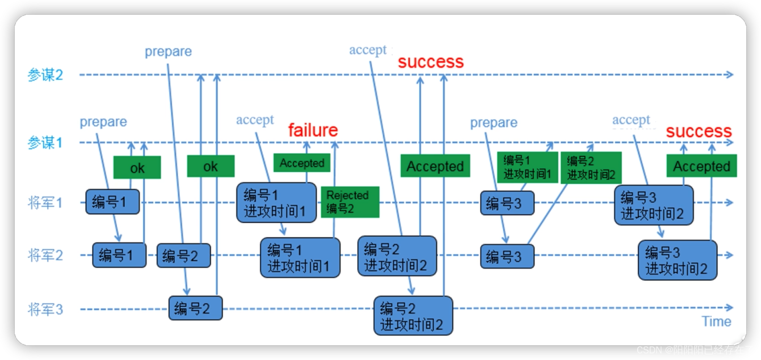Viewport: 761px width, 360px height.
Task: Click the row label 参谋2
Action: point(45,75)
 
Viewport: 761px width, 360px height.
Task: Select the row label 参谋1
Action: point(45,142)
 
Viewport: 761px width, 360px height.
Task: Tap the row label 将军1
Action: point(45,203)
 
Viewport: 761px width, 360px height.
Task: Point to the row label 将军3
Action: point(45,309)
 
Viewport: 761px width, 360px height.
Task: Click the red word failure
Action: point(313,130)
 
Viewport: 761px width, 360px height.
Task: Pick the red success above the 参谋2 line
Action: point(431,62)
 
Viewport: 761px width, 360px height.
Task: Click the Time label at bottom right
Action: point(716,321)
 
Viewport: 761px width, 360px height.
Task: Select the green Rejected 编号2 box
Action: point(350,202)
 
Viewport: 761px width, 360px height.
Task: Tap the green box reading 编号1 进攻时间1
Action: point(527,167)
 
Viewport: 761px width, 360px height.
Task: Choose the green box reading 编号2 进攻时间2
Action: point(591,168)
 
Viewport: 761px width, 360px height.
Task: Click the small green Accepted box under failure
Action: point(302,163)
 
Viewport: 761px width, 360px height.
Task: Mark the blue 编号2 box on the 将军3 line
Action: point(195,308)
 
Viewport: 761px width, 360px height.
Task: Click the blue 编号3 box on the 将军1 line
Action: point(507,203)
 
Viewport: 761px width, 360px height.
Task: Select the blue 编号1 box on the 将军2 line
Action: point(119,255)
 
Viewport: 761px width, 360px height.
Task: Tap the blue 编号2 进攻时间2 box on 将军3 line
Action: point(413,316)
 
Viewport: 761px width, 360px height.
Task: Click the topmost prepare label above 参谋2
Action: point(168,52)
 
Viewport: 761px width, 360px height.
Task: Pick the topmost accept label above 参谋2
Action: point(368,50)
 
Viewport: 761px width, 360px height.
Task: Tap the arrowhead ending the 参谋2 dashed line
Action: point(730,75)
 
